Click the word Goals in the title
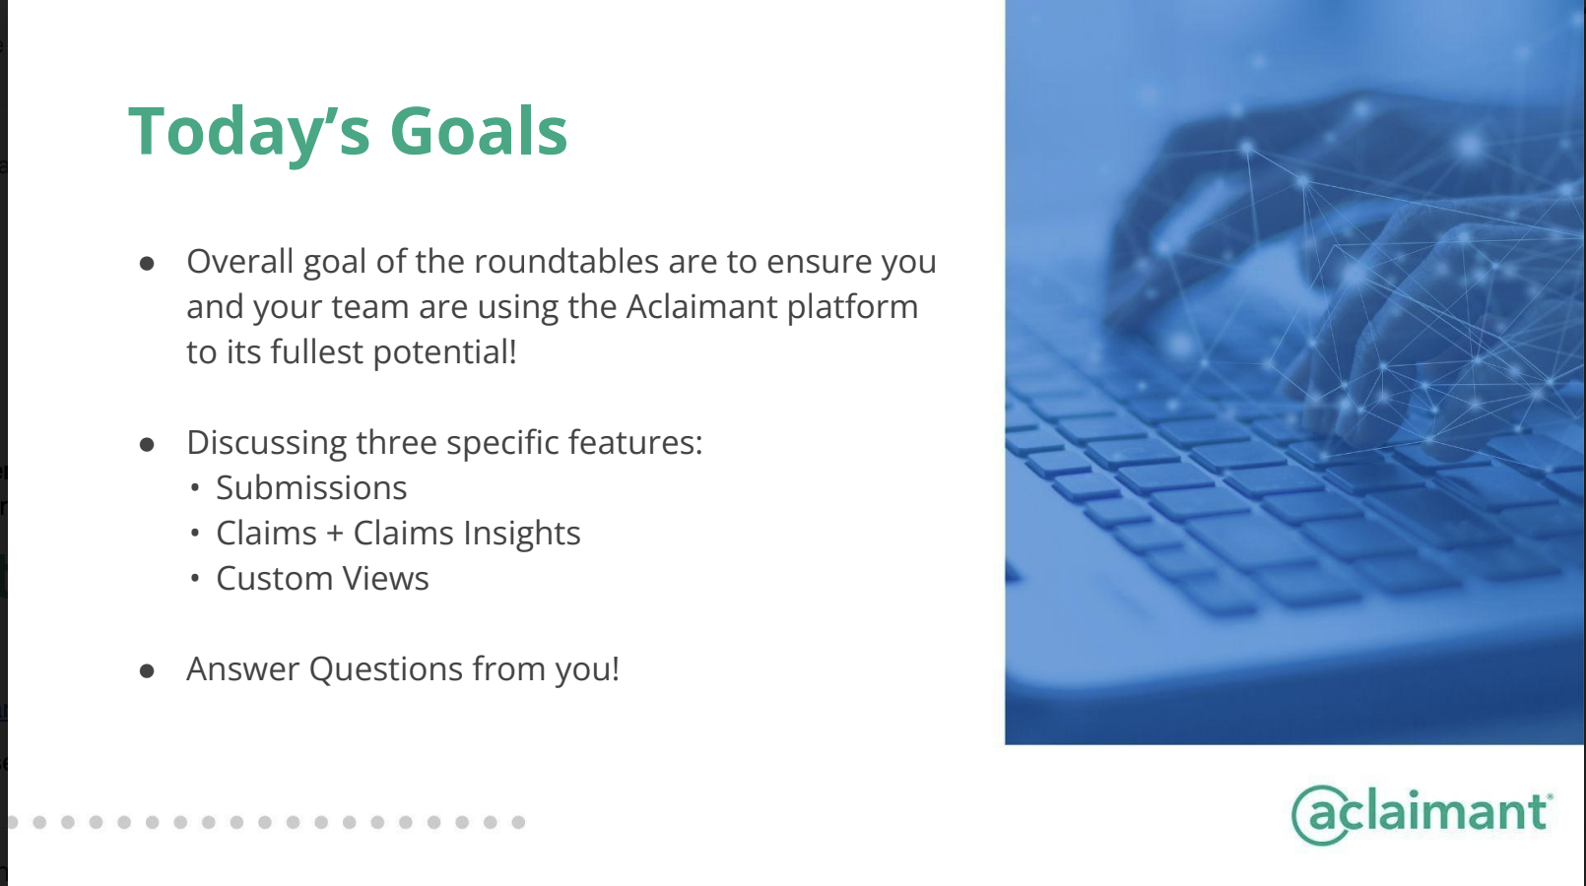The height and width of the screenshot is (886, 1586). (x=479, y=132)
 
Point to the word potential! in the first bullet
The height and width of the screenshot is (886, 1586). (x=444, y=352)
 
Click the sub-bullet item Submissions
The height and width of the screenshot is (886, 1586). (x=311, y=487)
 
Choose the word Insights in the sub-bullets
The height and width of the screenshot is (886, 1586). (x=522, y=533)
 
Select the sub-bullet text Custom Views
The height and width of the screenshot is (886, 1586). (x=322, y=578)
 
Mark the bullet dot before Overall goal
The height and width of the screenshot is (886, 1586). (x=147, y=264)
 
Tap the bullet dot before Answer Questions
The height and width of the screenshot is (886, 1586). (x=147, y=670)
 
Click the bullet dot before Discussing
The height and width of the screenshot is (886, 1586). (x=147, y=444)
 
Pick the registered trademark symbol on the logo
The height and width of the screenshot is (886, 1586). (x=1551, y=796)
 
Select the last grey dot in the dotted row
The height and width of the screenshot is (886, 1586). (x=518, y=822)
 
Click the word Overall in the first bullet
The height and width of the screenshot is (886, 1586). (x=240, y=261)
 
